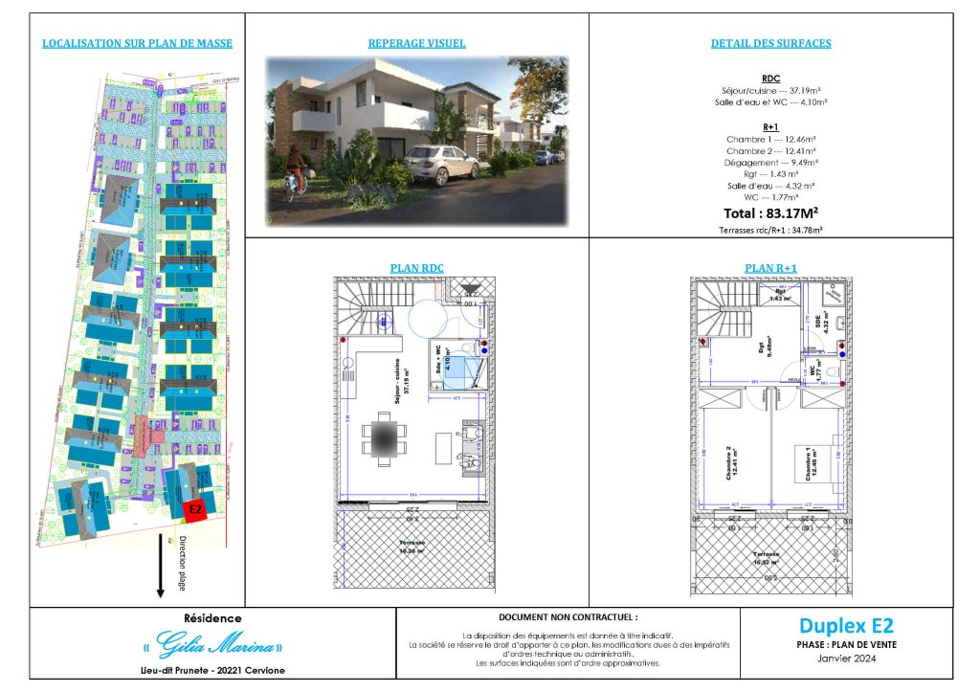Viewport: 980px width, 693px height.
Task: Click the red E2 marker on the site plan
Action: coord(194,509)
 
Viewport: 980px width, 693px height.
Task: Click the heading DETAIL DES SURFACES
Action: coord(770,43)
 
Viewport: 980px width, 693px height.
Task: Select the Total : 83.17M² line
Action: coord(770,212)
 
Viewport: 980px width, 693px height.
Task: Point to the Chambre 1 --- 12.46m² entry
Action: coord(770,139)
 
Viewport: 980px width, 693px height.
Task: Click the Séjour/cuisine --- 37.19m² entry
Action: coord(770,89)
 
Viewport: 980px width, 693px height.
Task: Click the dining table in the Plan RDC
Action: coord(383,440)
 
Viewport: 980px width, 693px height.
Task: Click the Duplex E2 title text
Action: coord(845,627)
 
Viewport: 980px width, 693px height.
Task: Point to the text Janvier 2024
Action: coord(845,659)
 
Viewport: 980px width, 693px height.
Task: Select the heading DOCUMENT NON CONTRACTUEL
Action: coord(568,618)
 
